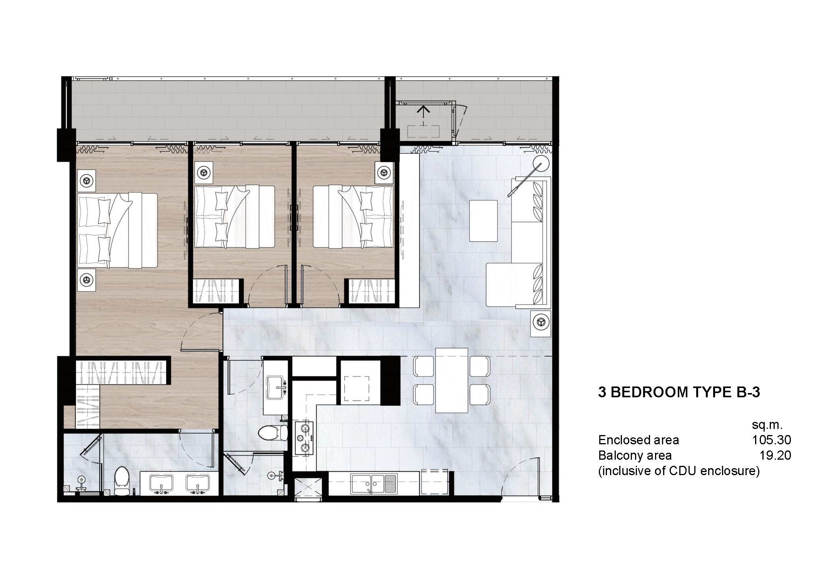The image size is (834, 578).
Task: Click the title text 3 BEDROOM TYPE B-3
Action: (x=679, y=392)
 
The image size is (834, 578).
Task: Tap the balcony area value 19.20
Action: (x=775, y=455)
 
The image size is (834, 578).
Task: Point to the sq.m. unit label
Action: (x=767, y=425)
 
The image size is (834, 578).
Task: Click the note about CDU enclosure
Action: (x=679, y=471)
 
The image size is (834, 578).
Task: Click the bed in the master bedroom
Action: (x=118, y=230)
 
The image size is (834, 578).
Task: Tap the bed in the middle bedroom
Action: (x=235, y=217)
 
